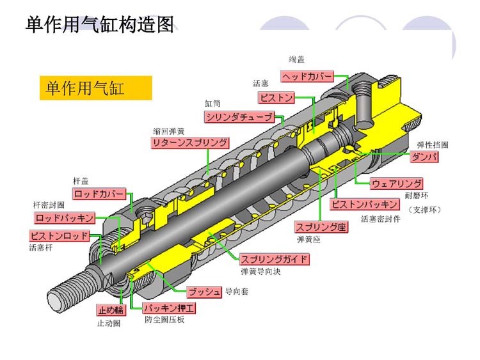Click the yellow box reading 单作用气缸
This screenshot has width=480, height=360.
click(95, 88)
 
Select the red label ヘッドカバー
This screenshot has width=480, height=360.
click(307, 77)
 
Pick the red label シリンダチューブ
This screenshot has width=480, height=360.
click(239, 117)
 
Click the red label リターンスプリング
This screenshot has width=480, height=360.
click(189, 143)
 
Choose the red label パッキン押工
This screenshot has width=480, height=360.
click(169, 309)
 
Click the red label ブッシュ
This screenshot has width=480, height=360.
click(204, 292)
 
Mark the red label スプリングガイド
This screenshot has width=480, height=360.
click(274, 259)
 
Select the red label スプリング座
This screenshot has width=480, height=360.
click(321, 226)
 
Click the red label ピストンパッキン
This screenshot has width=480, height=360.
click(365, 205)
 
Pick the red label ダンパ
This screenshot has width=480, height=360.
click(425, 157)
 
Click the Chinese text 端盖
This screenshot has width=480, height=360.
click(296, 59)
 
